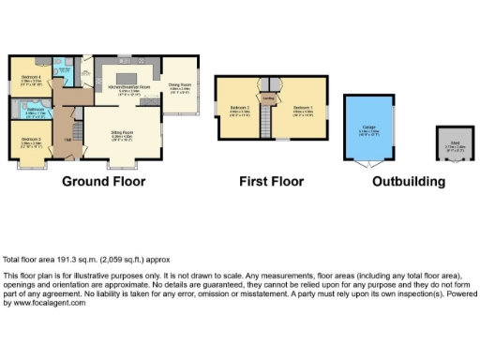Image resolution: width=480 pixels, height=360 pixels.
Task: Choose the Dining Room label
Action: (179, 86)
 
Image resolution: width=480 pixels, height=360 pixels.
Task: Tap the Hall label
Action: (67, 141)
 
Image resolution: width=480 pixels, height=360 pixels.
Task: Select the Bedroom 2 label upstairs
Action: (237, 108)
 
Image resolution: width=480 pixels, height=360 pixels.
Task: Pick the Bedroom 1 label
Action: (302, 108)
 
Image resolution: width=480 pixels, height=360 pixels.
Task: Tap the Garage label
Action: (367, 130)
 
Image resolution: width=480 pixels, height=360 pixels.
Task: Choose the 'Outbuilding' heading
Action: (410, 180)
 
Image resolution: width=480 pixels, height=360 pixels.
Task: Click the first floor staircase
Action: (267, 120)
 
